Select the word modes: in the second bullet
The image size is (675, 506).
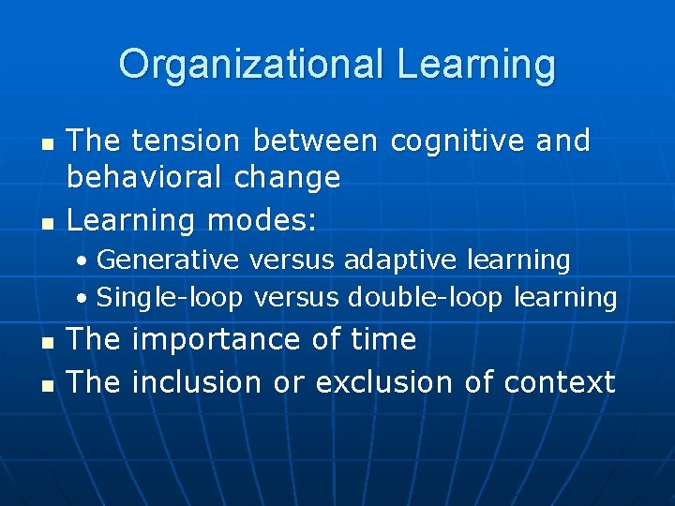click(262, 220)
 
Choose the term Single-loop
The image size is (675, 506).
click(170, 298)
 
